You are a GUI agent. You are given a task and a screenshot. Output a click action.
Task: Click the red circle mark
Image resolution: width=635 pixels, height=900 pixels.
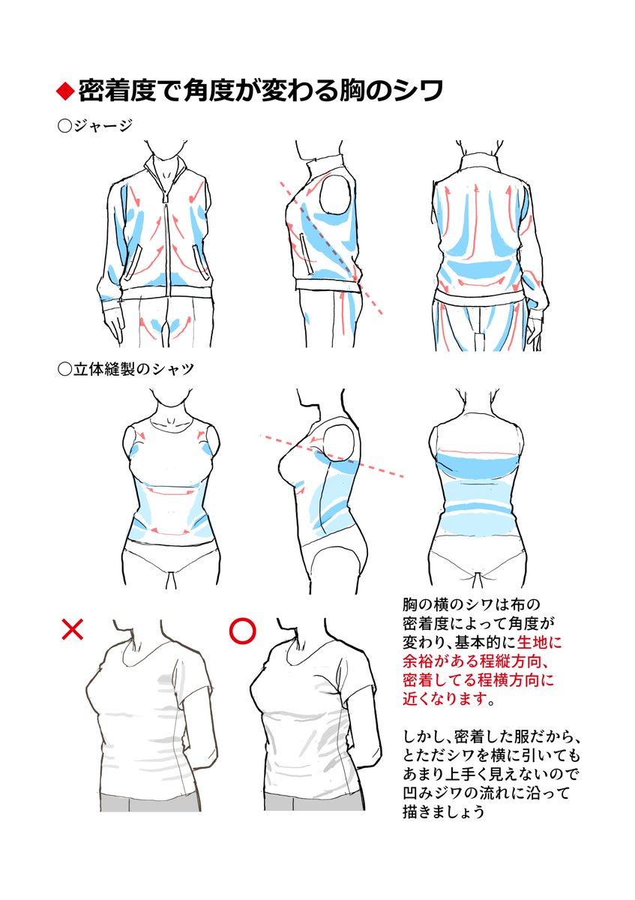[242, 631]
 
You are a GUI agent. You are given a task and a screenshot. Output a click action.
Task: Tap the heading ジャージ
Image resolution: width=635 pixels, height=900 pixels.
[102, 126]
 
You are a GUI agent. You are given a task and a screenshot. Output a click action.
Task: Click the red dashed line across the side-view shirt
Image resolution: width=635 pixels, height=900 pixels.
[334, 454]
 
